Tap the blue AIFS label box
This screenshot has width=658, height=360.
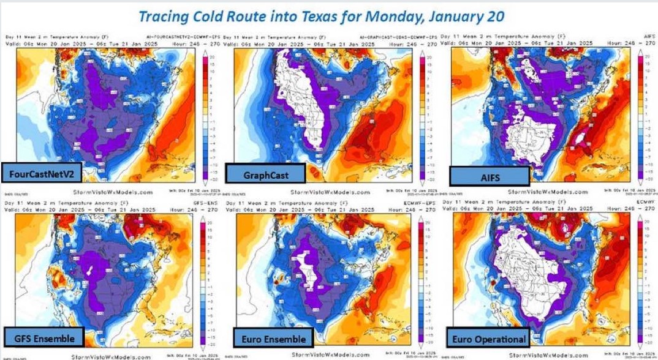coord(490,176)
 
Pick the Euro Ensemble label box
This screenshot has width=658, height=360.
coord(273,337)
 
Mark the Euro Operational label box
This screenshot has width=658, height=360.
coord(489,338)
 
